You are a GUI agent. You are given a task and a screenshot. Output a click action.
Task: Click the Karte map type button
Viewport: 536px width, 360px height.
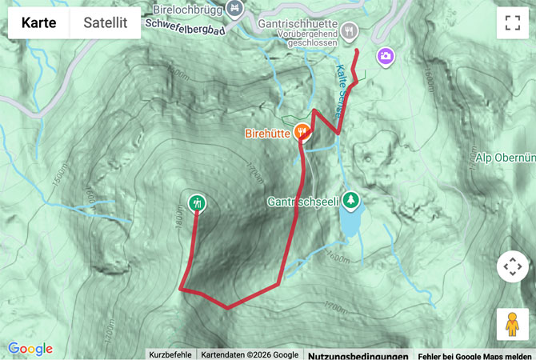click(38, 22)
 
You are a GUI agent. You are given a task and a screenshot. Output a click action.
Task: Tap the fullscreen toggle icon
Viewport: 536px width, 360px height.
click(513, 23)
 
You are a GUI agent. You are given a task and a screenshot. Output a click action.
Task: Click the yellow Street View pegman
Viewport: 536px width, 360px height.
click(513, 324)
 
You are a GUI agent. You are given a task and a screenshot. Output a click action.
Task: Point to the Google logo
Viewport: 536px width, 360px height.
click(30, 349)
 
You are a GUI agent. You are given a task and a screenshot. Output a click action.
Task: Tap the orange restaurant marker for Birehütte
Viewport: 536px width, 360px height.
click(302, 130)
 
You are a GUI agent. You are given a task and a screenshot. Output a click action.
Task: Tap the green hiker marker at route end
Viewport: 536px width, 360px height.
click(197, 203)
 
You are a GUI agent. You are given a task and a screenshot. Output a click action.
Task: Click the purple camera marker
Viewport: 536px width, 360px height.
click(386, 56)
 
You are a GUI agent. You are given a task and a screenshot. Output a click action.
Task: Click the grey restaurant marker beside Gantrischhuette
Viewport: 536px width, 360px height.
click(349, 31)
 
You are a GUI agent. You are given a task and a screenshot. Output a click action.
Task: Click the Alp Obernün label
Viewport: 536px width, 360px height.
click(505, 157)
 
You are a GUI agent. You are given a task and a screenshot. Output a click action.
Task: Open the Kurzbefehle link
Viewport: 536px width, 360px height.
click(170, 354)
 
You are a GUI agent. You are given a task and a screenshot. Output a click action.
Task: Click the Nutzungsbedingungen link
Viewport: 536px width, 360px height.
click(358, 354)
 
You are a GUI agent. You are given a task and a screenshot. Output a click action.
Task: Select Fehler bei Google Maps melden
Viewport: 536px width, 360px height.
click(474, 354)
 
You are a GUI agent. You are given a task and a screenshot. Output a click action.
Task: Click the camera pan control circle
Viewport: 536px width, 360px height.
click(513, 266)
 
